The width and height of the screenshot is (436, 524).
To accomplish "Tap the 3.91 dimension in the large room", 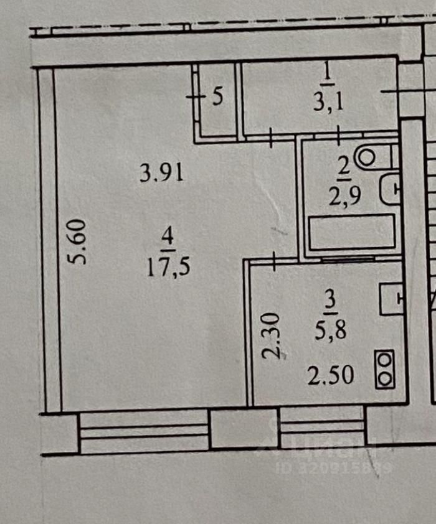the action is pyautogui.click(x=161, y=172).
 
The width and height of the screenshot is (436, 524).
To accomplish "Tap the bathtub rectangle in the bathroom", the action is pyautogui.click(x=343, y=232).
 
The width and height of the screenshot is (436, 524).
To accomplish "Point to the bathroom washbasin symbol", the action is pyautogui.click(x=390, y=189).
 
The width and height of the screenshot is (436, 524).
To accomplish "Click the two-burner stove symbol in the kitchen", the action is pyautogui.click(x=386, y=370).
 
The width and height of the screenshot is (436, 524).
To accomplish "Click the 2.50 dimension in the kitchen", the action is pyautogui.click(x=331, y=375).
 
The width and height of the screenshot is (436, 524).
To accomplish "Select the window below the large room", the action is pyautogui.click(x=145, y=431).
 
